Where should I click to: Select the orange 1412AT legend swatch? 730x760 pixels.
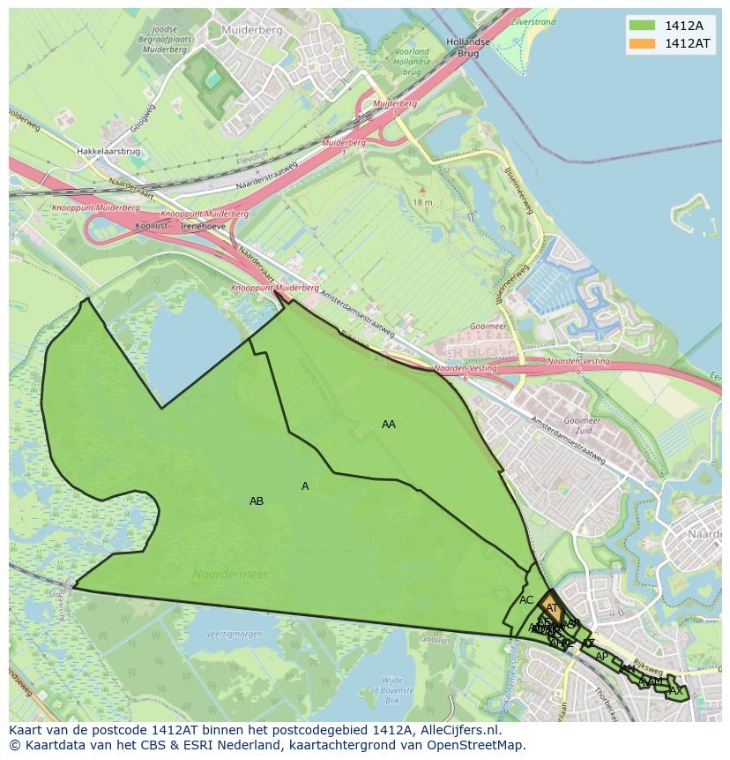pos(642,43)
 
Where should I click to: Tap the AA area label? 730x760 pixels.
pos(389,425)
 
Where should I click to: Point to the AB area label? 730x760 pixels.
pos(257,501)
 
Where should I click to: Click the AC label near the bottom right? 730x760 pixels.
pos(526,600)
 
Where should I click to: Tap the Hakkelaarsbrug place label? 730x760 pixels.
pos(108,152)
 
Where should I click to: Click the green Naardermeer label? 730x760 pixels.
pos(230,575)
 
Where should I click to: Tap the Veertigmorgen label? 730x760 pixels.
pos(235,635)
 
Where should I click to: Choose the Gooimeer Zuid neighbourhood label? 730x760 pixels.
pos(581,427)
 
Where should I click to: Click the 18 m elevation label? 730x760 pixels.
pos(422,202)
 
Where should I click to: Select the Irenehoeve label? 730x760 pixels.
pos(204,226)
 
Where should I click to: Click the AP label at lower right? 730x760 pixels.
pos(601,657)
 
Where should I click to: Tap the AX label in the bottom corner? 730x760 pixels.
pos(676,691)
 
